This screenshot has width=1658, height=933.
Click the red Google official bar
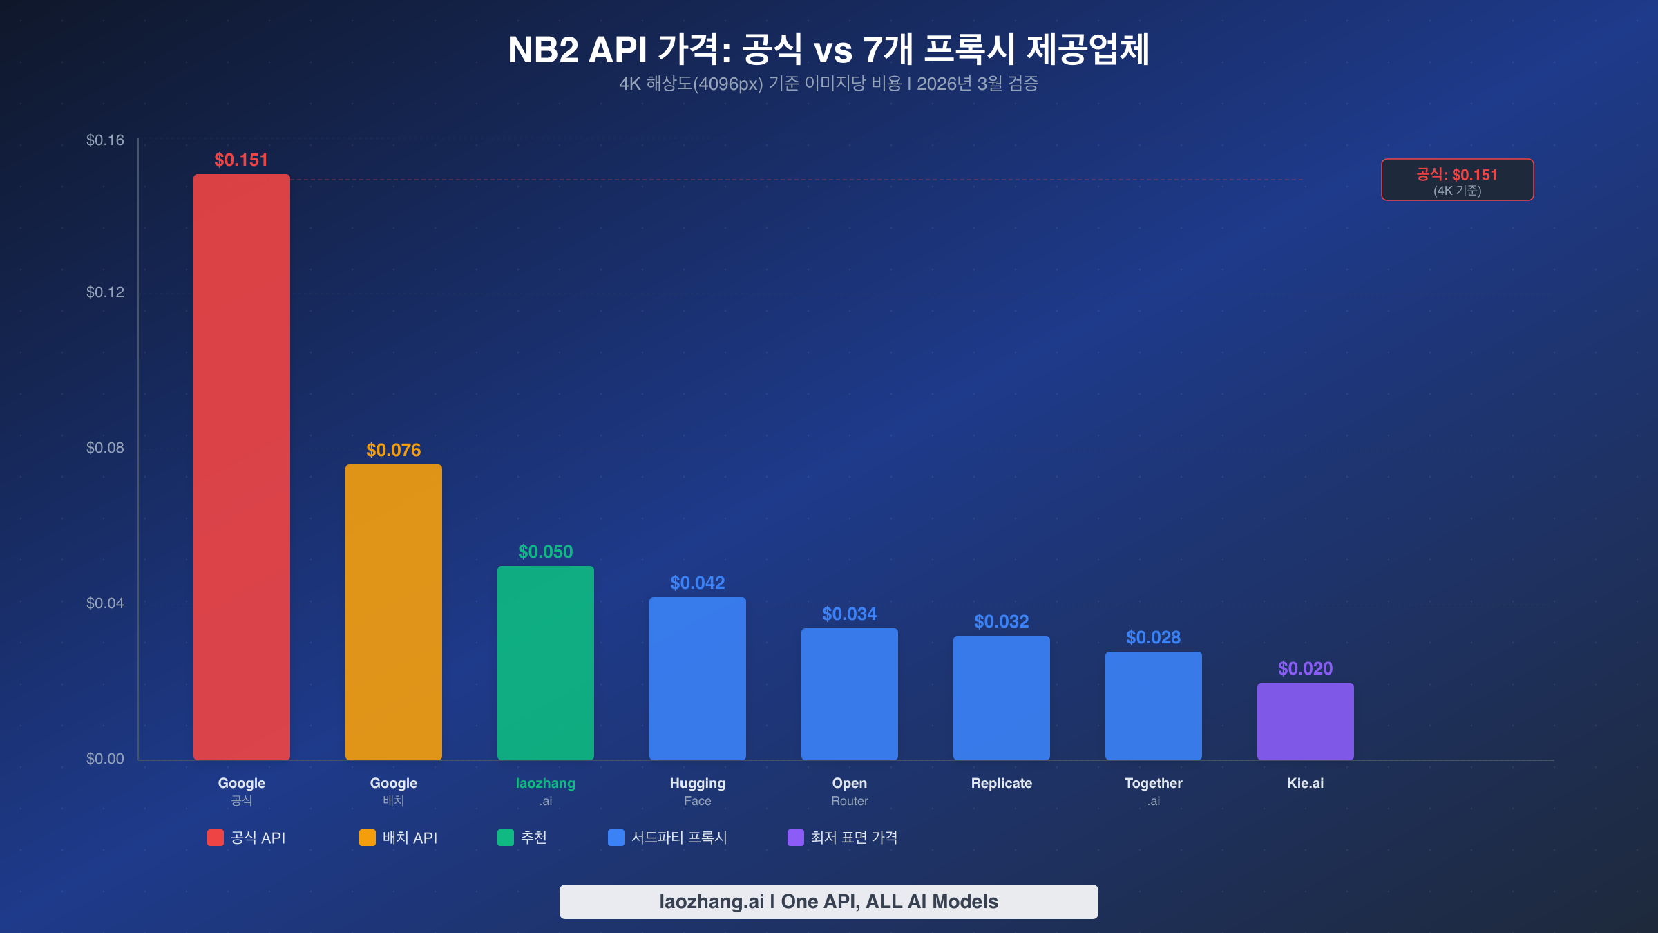241,466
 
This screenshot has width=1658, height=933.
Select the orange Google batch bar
393,612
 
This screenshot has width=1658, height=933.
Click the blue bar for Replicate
1001,697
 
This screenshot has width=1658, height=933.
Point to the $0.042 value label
697,583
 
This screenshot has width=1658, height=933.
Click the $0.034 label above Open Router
849,614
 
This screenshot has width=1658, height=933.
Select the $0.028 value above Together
1153,637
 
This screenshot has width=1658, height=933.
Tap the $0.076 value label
393,450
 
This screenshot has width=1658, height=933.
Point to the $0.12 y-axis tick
105,292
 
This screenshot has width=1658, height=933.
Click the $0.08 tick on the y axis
105,448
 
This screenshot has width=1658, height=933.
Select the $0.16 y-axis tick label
105,140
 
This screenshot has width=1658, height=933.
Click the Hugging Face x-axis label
697,791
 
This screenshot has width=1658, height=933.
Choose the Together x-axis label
1153,791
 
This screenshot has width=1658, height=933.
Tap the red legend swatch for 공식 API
216,838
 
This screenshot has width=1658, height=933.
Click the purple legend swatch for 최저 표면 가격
796,838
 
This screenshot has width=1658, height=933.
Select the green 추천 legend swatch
506,838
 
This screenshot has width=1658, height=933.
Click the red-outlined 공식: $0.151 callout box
1457,180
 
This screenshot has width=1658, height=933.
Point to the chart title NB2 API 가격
828,50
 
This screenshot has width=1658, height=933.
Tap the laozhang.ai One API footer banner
828,901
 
